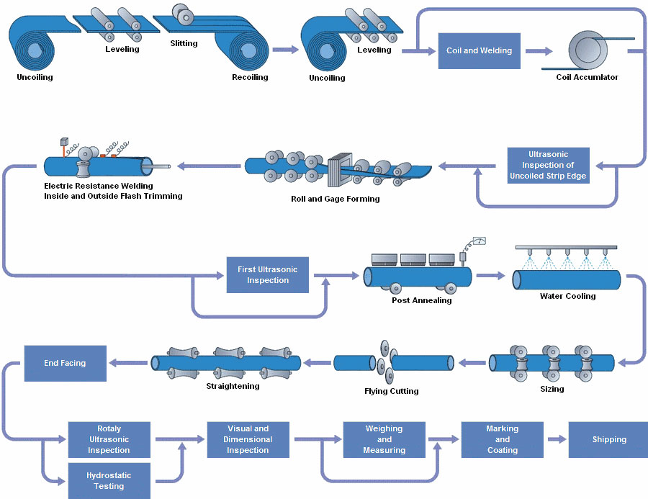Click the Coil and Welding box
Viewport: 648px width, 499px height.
click(479, 50)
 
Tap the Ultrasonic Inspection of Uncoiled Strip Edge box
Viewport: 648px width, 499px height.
click(548, 166)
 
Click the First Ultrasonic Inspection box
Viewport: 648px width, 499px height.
click(267, 275)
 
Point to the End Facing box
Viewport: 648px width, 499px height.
click(65, 363)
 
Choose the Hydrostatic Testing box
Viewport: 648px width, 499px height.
click(109, 481)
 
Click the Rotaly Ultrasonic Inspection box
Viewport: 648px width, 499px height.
click(109, 439)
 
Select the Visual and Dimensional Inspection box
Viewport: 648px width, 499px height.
click(248, 439)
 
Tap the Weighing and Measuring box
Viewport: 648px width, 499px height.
click(384, 439)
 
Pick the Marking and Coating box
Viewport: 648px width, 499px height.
click(502, 439)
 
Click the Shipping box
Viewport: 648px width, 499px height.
click(608, 439)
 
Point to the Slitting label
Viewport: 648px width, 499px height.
click(184, 43)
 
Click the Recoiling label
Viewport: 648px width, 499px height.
click(250, 77)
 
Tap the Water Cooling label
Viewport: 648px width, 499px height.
click(567, 296)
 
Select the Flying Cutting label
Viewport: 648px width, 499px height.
click(391, 391)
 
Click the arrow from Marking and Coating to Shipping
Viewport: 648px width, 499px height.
click(556, 439)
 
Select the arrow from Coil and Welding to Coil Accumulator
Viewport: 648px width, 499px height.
click(539, 51)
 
